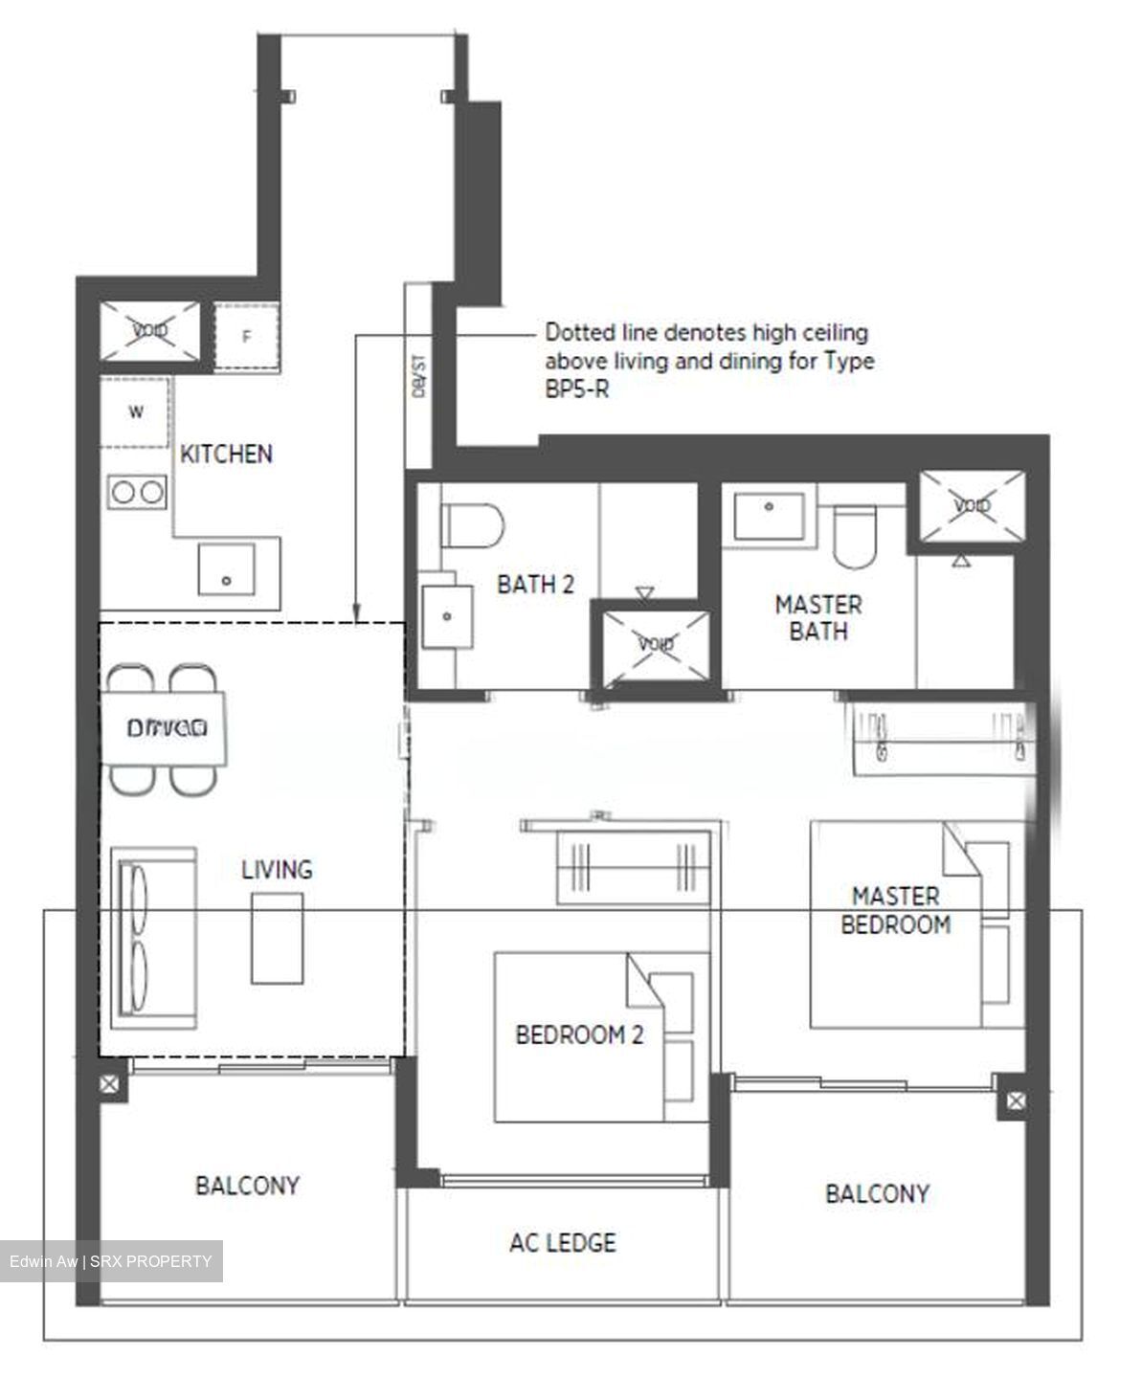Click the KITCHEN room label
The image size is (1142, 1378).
click(x=226, y=454)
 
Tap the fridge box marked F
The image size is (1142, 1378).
click(x=246, y=336)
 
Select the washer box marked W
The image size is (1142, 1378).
click(x=136, y=412)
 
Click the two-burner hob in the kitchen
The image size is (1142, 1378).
click(x=136, y=493)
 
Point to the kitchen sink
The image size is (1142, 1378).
click(x=226, y=569)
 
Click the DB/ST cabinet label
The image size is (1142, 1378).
click(x=417, y=379)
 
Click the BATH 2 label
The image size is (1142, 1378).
click(x=535, y=585)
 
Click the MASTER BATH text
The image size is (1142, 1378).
click(x=817, y=618)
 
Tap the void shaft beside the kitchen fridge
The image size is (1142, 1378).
click(x=150, y=331)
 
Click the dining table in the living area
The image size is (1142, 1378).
click(x=166, y=728)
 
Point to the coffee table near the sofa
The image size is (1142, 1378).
click(x=278, y=938)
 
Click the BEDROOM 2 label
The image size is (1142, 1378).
click(x=579, y=1034)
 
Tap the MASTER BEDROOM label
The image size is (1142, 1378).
click(x=895, y=910)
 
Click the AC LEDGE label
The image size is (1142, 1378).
click(x=562, y=1242)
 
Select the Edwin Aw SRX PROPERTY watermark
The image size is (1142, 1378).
click(x=111, y=1261)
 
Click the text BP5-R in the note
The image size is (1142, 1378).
click(x=576, y=389)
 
